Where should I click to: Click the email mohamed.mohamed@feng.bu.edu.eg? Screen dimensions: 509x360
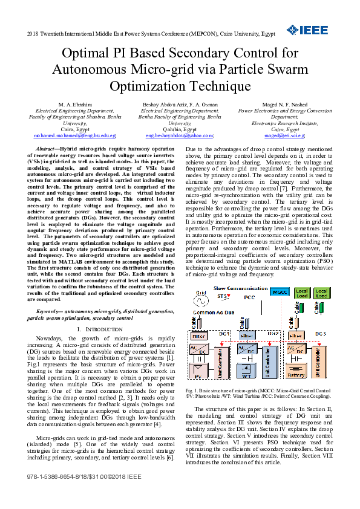point(74,136)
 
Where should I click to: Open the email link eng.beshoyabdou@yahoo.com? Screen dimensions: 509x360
point(180,136)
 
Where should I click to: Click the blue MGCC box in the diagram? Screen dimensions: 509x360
point(280,292)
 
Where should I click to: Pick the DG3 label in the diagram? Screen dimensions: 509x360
point(320,334)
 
